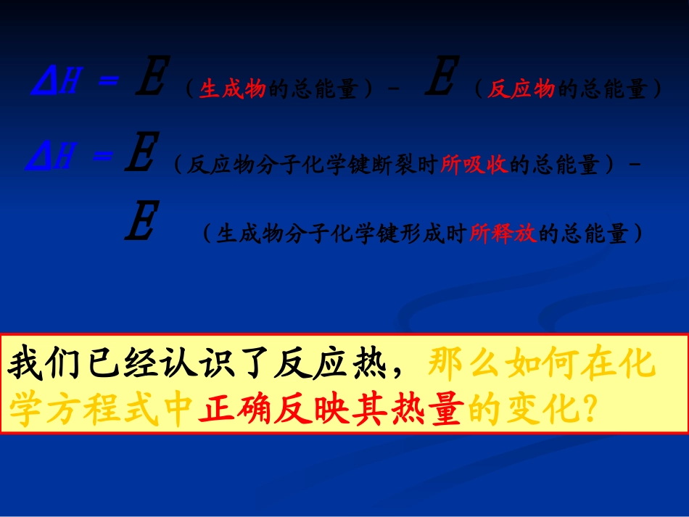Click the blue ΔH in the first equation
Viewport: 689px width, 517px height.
(x=55, y=83)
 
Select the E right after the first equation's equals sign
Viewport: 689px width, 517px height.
(x=151, y=80)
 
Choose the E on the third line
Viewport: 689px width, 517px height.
(x=139, y=223)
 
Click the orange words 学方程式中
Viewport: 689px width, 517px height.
(x=102, y=411)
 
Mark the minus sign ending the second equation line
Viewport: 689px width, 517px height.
(x=636, y=165)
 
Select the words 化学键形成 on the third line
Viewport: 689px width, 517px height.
(x=396, y=234)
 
